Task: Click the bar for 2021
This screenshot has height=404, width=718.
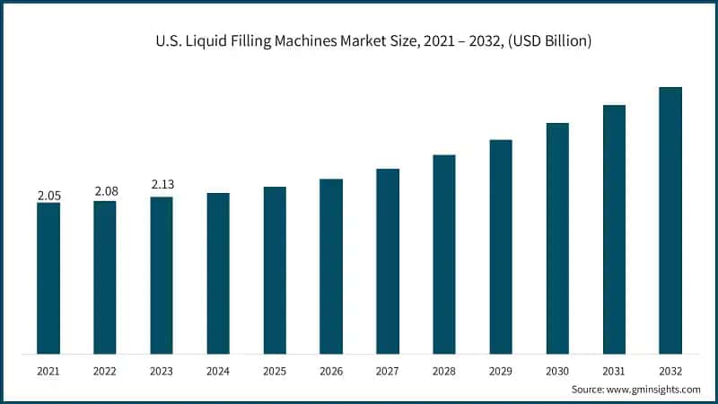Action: click(x=48, y=277)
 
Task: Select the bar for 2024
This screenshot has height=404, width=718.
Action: click(x=218, y=273)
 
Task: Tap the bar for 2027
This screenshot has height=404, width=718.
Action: click(x=388, y=260)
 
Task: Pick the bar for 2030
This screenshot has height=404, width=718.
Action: click(x=557, y=238)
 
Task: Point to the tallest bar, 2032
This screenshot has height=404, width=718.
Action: click(x=670, y=220)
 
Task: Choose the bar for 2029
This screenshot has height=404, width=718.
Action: click(x=501, y=246)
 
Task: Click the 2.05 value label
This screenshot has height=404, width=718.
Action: click(x=48, y=195)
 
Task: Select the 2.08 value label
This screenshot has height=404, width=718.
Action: click(x=105, y=192)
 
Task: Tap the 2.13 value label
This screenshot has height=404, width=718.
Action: click(x=162, y=185)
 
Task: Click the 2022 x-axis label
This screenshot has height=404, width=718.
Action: click(x=105, y=370)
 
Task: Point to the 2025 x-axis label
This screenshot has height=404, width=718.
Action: click(x=275, y=370)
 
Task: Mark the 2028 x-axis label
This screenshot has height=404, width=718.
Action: click(x=444, y=370)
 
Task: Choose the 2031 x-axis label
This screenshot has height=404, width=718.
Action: click(x=614, y=370)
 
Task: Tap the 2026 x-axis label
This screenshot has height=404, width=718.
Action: click(x=331, y=370)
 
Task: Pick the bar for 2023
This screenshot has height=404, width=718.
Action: click(x=162, y=275)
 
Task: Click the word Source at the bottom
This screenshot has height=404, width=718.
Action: click(x=588, y=389)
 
